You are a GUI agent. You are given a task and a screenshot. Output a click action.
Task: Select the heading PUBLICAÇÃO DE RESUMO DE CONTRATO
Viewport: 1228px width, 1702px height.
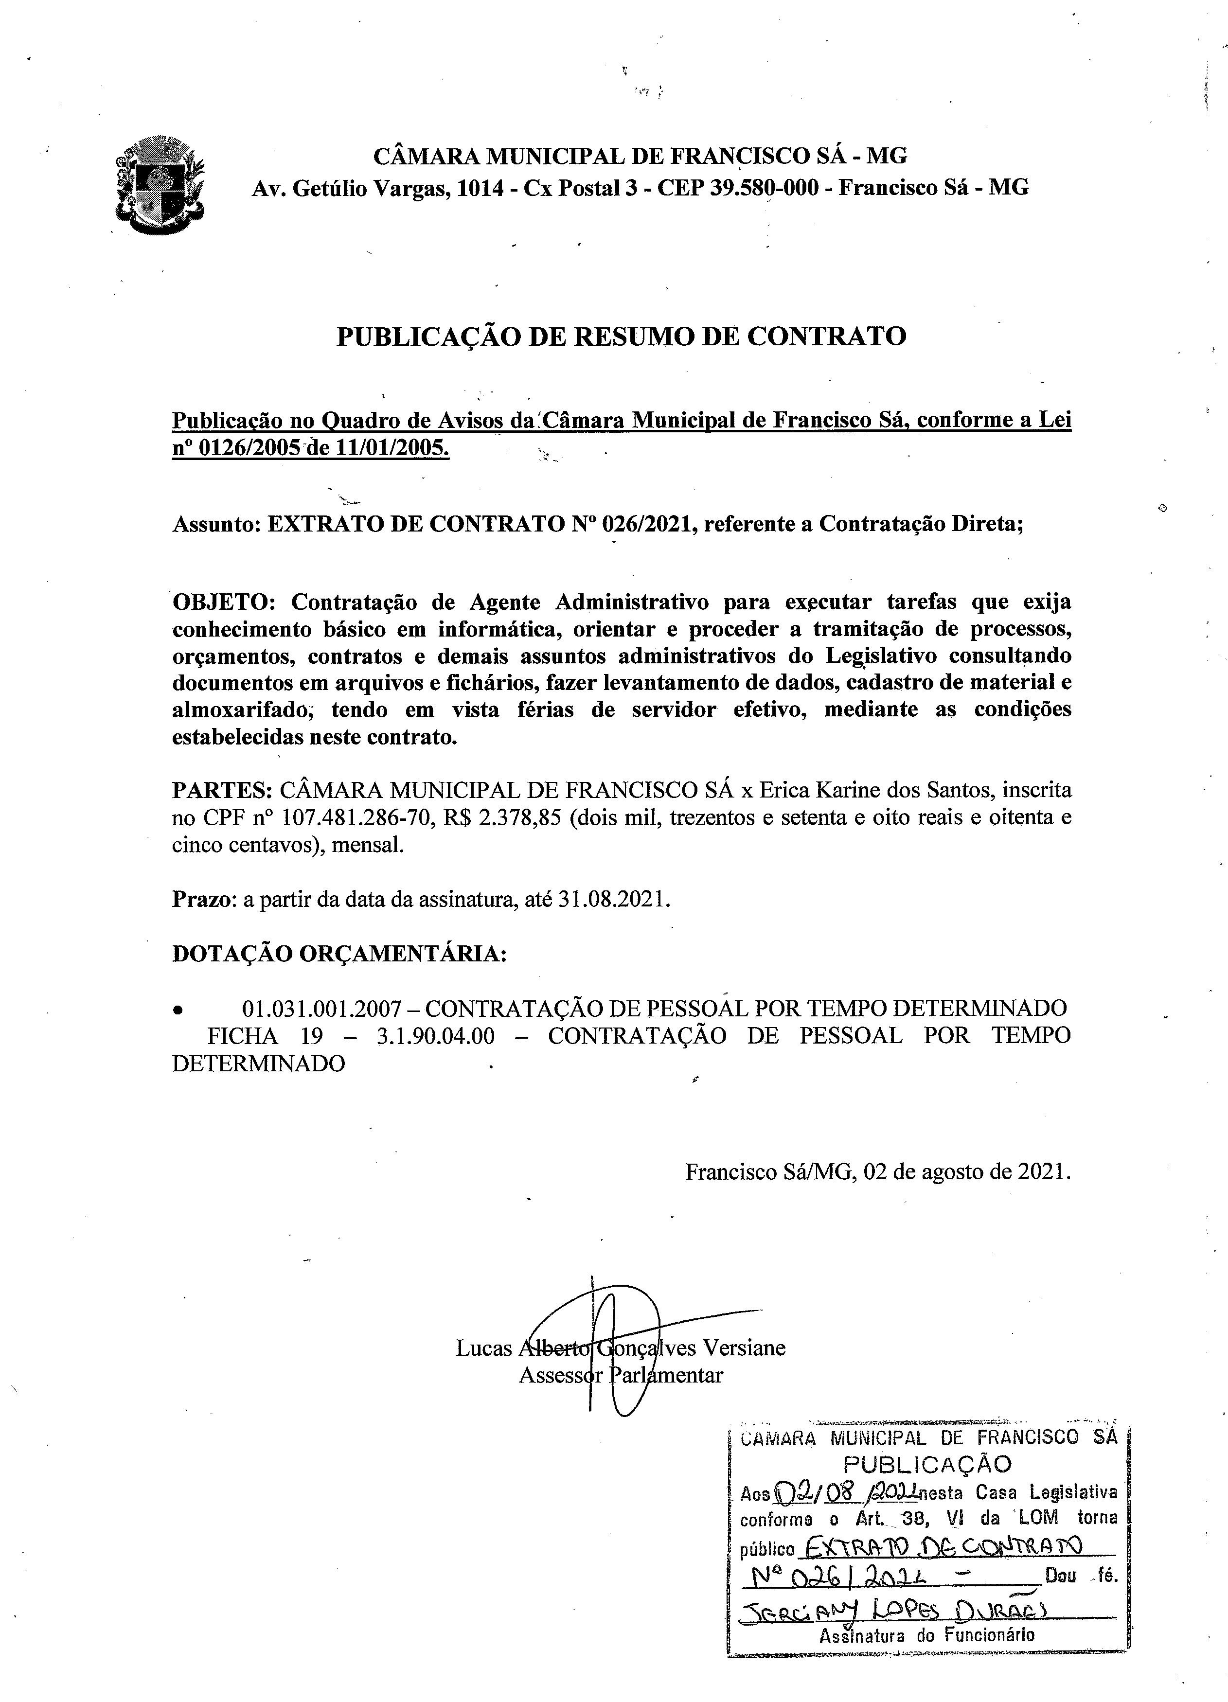point(621,336)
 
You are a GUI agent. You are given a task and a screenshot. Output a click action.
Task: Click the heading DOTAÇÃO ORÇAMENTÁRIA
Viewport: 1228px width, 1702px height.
point(339,953)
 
